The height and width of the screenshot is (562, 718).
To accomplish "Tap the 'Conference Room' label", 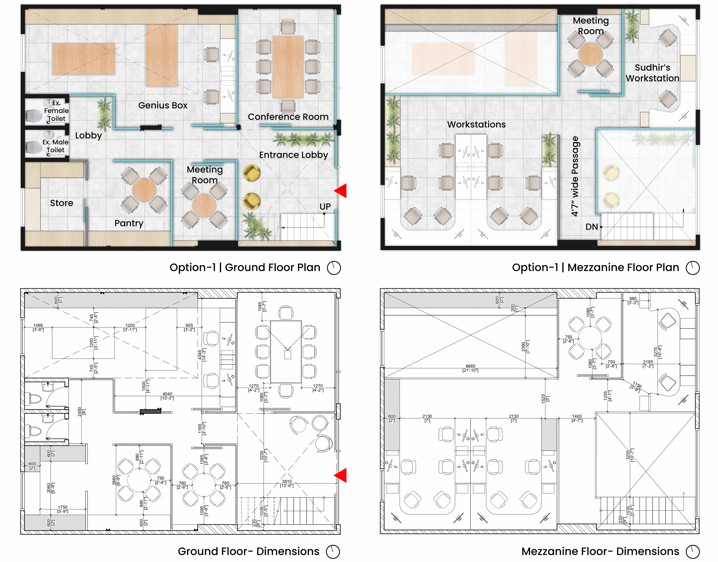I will pyautogui.click(x=288, y=117).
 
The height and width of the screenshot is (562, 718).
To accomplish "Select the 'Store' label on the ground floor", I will pyautogui.click(x=61, y=203).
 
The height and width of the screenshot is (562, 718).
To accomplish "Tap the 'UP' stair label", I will pyautogui.click(x=325, y=207).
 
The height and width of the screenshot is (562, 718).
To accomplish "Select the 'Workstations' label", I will pyautogui.click(x=476, y=124).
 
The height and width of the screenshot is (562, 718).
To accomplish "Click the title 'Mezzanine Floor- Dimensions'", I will pyautogui.click(x=600, y=551).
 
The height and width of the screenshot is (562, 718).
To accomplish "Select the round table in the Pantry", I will pyautogui.click(x=144, y=190).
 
